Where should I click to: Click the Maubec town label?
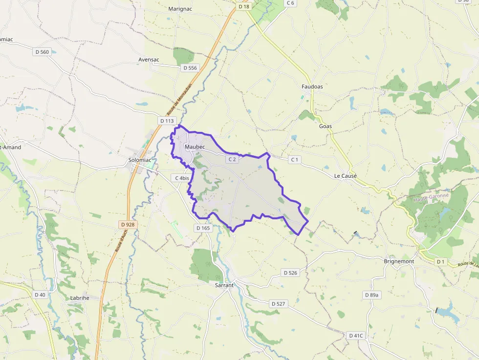(x=195, y=147)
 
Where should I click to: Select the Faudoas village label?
(x=312, y=86)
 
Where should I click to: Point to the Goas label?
(x=325, y=126)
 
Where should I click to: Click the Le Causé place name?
(x=346, y=176)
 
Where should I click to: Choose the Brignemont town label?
(x=399, y=261)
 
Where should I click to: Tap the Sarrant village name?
(x=225, y=285)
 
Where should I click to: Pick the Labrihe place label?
(x=79, y=297)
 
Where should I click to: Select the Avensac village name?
(x=149, y=60)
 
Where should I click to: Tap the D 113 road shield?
(x=167, y=121)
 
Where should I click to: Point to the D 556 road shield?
(x=189, y=68)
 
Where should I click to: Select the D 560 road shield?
(x=42, y=52)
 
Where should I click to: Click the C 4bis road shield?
(x=182, y=178)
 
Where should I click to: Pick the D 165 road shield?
(x=203, y=228)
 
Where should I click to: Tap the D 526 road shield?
(x=290, y=273)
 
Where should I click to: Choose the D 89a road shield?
(x=371, y=295)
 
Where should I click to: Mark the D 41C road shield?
(x=356, y=336)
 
